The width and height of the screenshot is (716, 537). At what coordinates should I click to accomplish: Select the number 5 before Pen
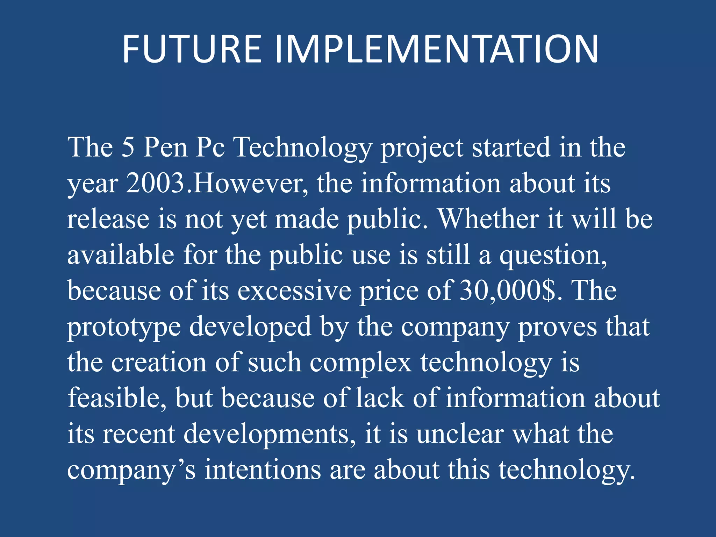[x=128, y=147]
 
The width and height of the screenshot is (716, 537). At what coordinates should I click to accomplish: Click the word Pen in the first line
[x=165, y=147]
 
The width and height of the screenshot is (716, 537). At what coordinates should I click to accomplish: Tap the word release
[x=108, y=219]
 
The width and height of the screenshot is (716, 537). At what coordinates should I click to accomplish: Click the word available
[x=121, y=255]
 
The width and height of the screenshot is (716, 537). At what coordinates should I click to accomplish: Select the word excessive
[x=294, y=291]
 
